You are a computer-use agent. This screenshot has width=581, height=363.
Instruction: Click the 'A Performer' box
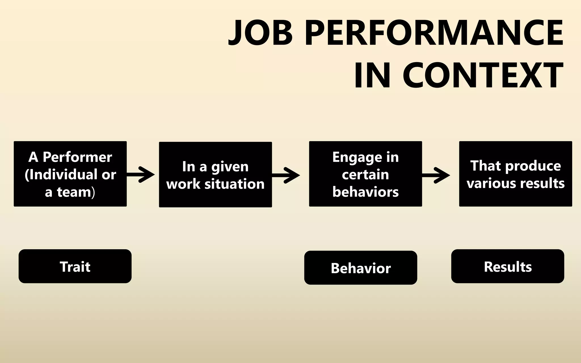point(70,174)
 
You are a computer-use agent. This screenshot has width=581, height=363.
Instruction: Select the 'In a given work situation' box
point(215,175)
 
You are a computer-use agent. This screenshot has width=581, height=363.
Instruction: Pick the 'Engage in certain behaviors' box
point(365,174)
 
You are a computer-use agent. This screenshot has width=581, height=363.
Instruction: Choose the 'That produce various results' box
point(515,174)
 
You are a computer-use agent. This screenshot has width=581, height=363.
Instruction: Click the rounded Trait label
point(75,266)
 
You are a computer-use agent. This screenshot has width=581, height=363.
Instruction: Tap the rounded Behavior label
point(361,268)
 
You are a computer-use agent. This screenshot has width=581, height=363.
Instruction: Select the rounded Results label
point(508,266)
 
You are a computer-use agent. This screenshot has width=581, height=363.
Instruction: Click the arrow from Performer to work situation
point(141,175)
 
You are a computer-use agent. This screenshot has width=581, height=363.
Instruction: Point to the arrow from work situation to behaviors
point(286,175)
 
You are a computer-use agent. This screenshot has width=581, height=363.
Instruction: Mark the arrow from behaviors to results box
point(436,175)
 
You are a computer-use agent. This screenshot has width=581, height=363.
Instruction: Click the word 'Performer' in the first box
point(77,157)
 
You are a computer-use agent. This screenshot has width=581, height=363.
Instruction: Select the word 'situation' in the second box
point(234,184)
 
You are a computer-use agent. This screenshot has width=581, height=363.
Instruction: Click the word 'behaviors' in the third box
point(365,192)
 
